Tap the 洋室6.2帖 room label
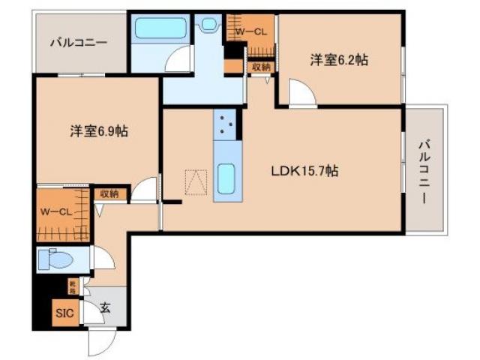pyautogui.click(x=340, y=60)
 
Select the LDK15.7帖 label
pyautogui.click(x=304, y=171)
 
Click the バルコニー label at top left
pyautogui.click(x=78, y=42)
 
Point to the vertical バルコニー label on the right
pyautogui.click(x=424, y=172)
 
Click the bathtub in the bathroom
pyautogui.click(x=160, y=29)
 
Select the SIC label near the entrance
pyautogui.click(x=63, y=312)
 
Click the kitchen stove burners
pyautogui.click(x=227, y=125)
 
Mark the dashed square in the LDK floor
pyautogui.click(x=196, y=182)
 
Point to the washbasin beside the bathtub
pyautogui.click(x=208, y=25)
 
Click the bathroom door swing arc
pyautogui.click(x=178, y=60)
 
